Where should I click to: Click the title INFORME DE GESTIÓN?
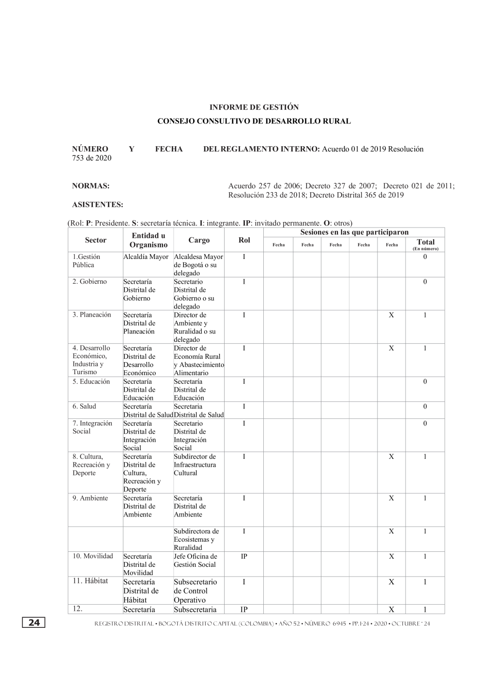254,107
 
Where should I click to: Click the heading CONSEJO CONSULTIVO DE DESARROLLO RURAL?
254,121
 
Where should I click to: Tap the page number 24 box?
33,623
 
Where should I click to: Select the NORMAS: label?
91,186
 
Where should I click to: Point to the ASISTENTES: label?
97,205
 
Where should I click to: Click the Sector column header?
95,240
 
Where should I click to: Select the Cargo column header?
199,240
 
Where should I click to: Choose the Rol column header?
244,240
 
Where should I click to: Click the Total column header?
425,242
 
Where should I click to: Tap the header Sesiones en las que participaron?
354,232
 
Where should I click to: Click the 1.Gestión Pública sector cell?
87,261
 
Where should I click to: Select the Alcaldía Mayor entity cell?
146,257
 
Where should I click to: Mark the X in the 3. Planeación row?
391,315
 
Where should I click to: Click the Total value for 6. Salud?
425,407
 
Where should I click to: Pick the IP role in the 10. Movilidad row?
244,557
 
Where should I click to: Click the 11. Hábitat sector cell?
90,581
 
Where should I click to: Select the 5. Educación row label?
91,381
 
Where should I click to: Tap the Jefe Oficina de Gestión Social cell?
196,561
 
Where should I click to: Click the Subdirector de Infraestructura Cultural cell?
195,465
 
